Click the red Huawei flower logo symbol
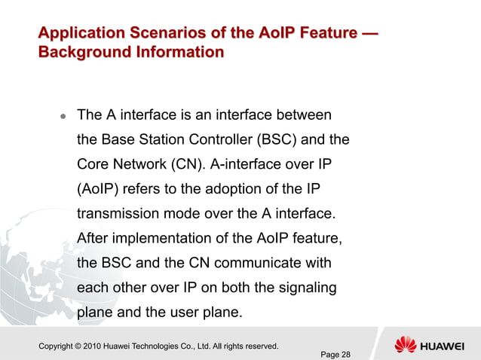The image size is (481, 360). (405, 346)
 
